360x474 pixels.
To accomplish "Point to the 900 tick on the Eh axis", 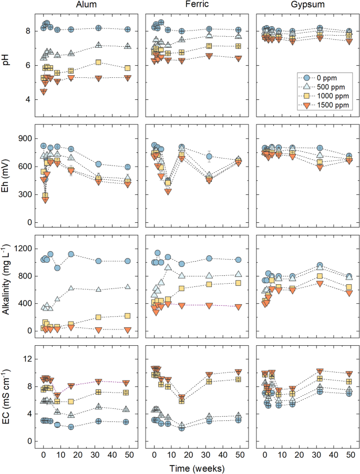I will pos(24,138).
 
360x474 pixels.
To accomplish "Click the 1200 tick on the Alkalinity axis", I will pos(23,249).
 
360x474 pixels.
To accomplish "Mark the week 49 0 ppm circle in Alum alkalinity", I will pos(127,261).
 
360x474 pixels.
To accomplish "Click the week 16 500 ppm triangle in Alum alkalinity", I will pos(71,288).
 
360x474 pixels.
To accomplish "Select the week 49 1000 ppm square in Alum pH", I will pos(127,68).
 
